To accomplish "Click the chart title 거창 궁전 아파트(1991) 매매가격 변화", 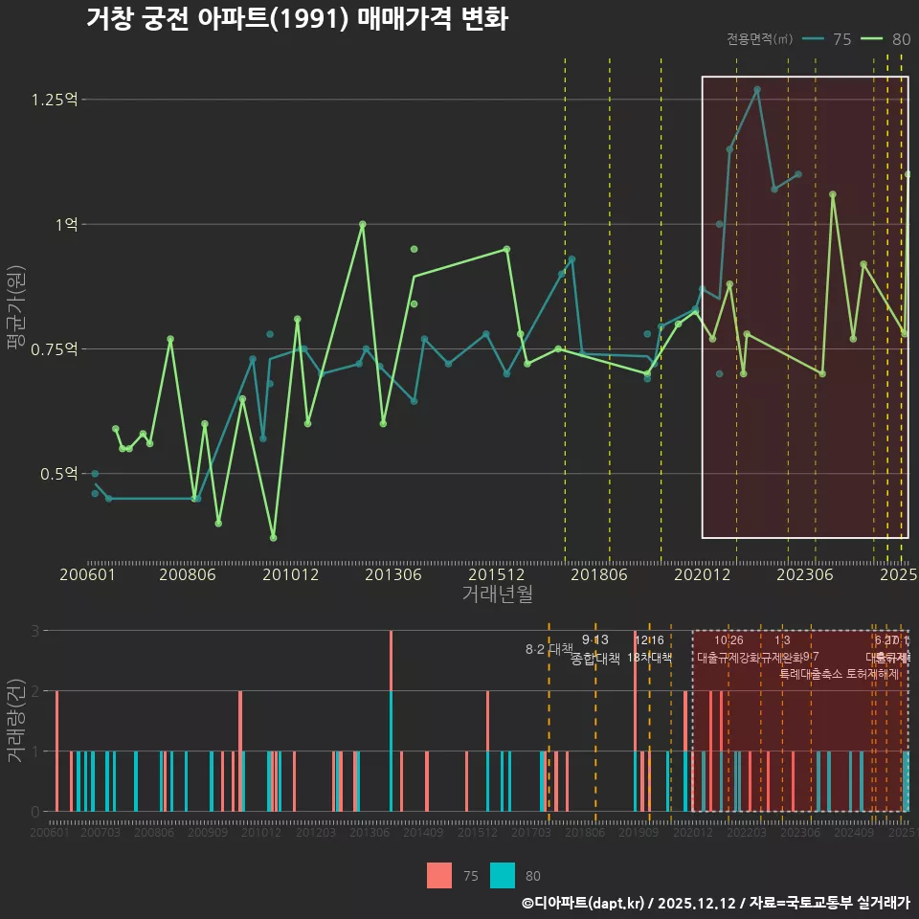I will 297,19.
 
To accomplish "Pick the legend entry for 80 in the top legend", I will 887,39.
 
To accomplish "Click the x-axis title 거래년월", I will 497,594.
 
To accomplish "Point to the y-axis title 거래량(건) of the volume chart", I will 15,720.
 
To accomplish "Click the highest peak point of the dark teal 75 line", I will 756,90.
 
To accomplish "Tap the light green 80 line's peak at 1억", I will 362,224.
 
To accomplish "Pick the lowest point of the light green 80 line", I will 273,538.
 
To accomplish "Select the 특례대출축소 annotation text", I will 812,673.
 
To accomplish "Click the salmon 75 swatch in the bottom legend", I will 438,876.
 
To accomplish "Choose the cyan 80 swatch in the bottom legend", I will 502,876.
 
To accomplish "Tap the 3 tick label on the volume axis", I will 34,631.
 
